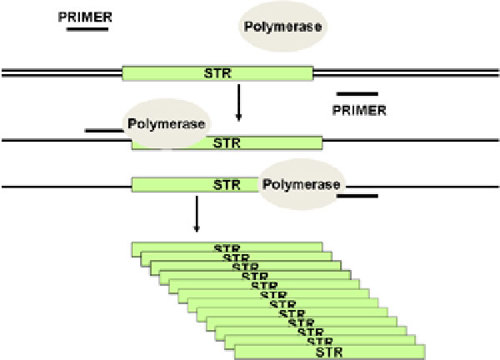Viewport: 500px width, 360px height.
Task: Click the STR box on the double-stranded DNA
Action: [x=217, y=73]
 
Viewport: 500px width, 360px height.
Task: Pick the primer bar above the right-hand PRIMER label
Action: [x=357, y=94]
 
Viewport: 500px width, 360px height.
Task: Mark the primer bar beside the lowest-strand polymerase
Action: [x=359, y=197]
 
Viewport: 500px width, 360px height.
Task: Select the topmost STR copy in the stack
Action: [x=226, y=246]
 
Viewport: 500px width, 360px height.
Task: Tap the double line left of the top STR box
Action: [x=60, y=73]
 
